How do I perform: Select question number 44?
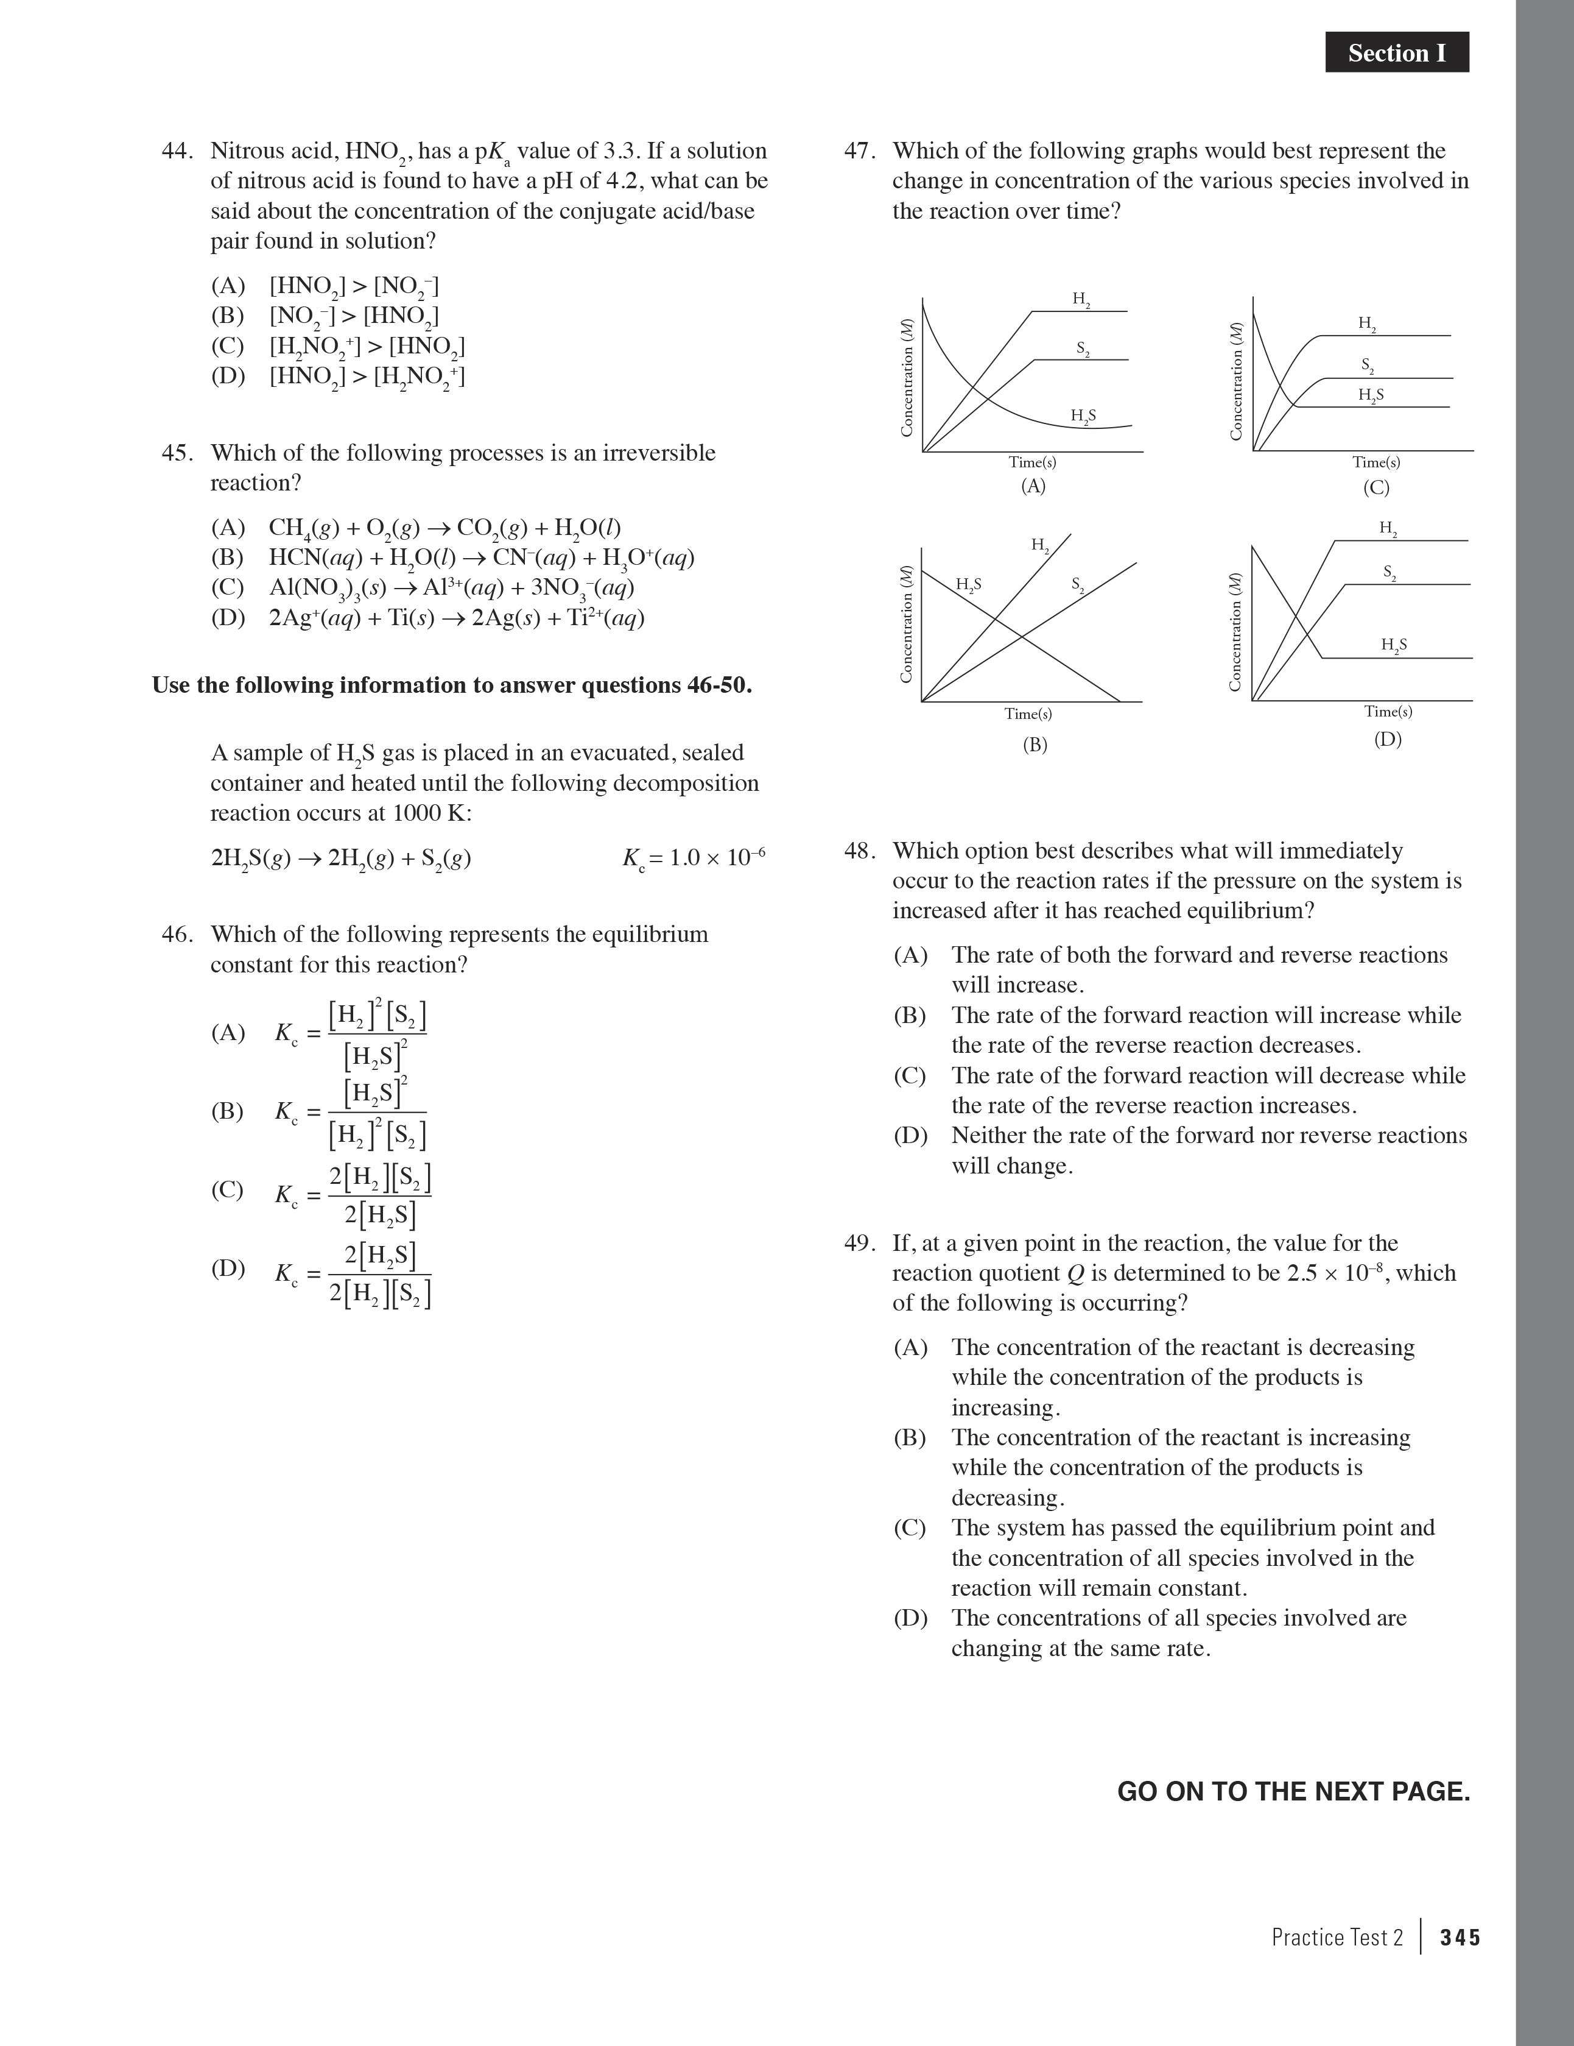[177, 151]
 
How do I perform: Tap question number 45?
[177, 453]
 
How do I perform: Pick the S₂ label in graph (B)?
[1078, 586]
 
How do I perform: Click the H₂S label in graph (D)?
[1393, 645]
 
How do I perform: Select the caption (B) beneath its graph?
[1034, 745]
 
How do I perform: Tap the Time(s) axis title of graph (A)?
[1032, 462]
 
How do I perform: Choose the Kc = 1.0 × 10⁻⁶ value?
[694, 858]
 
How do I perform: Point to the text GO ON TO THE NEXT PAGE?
[1293, 1791]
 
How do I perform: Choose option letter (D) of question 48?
[910, 1136]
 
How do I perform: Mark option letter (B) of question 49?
[910, 1437]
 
